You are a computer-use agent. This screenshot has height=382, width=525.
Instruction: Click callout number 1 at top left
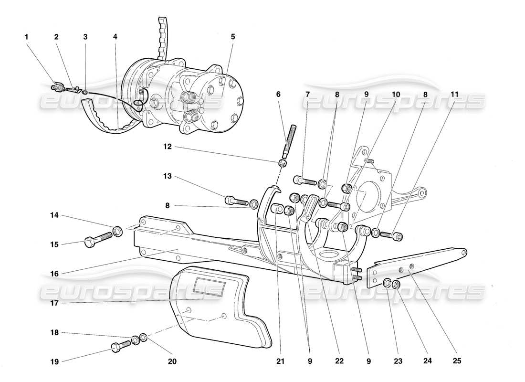[x=27, y=37]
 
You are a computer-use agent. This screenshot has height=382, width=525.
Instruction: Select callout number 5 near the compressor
[x=232, y=37]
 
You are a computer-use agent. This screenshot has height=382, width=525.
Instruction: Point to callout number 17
[x=55, y=302]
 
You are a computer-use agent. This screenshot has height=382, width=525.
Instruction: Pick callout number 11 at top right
[x=454, y=95]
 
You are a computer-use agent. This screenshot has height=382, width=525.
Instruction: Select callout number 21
[x=280, y=361]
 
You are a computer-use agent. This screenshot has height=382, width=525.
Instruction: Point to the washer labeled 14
[x=118, y=232]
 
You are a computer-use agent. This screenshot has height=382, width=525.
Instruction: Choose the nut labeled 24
[x=396, y=285]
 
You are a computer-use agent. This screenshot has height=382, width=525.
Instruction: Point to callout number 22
[x=339, y=361]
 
